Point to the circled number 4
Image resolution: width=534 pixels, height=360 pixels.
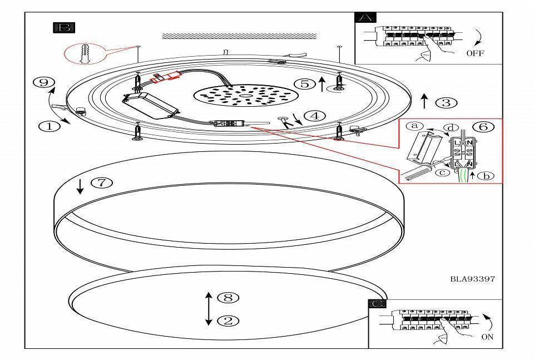(315, 116)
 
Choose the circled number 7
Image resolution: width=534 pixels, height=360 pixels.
(101, 183)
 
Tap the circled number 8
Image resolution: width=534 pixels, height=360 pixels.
(228, 298)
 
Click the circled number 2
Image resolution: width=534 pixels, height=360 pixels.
(228, 320)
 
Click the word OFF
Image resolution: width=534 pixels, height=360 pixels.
(475, 53)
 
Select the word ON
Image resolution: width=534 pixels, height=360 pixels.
(487, 337)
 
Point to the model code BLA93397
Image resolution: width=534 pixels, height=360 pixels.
(472, 279)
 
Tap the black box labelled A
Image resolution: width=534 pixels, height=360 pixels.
(365, 17)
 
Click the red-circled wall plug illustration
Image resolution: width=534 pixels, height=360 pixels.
(85, 53)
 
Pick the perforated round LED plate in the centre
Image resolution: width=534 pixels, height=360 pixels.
(236, 96)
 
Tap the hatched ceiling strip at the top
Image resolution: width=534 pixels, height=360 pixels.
(239, 36)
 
